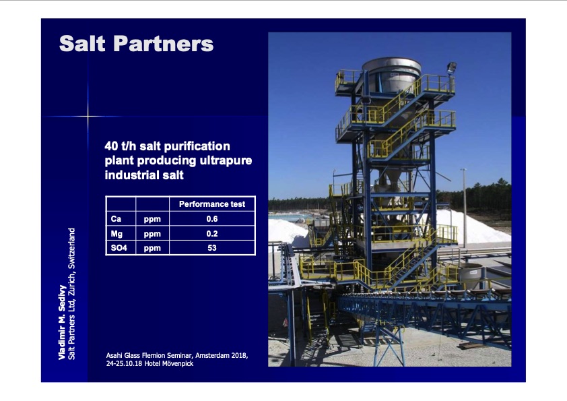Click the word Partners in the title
click(164, 44)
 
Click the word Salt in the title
click(82, 44)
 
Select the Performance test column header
click(212, 204)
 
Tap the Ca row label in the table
click(116, 219)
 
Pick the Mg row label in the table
click(116, 234)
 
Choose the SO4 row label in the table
click(119, 248)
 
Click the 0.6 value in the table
click(212, 219)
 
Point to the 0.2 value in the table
click(212, 234)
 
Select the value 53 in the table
click(212, 248)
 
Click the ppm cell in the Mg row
click(152, 234)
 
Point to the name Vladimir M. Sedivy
click(62, 322)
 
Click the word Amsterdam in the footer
click(211, 355)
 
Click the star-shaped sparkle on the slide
click(88, 116)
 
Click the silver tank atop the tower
click(392, 75)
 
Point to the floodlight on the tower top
click(452, 67)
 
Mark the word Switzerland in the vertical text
click(71, 248)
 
